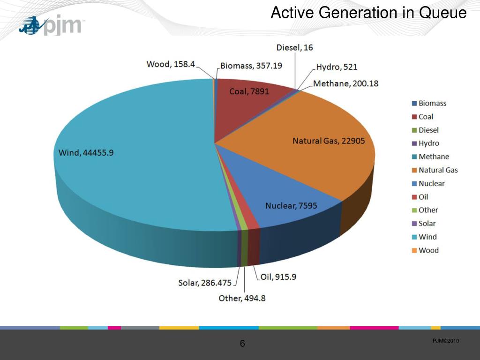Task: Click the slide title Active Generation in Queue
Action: coord(368,13)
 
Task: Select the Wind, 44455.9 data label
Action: coord(86,152)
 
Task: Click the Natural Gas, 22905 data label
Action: coord(329,141)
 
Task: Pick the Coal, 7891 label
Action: coord(249,91)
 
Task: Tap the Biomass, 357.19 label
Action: coord(251,66)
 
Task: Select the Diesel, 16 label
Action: coord(295,47)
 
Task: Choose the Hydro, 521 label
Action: coord(337,67)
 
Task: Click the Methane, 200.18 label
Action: coord(345,83)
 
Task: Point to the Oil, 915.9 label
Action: coord(278,277)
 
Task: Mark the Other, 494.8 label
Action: coord(242,298)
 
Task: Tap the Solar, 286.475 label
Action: coord(205,283)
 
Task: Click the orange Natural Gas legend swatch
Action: coord(414,170)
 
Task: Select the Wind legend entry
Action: coord(427,237)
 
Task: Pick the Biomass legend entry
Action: coord(432,104)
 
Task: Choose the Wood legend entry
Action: coord(428,250)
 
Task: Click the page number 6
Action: coord(242,344)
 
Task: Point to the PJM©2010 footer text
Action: coord(445,341)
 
